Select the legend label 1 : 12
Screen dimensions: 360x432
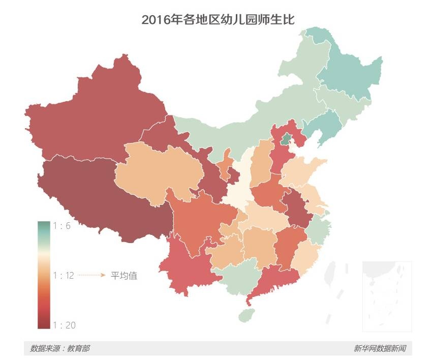64,275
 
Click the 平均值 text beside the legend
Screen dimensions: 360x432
124,275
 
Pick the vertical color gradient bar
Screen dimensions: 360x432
44,275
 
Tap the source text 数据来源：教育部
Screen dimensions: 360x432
59,348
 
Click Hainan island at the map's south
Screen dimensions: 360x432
246,315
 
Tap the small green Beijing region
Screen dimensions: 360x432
287,138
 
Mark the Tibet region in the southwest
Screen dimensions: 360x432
102,198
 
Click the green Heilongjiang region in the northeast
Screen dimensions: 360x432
351,76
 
